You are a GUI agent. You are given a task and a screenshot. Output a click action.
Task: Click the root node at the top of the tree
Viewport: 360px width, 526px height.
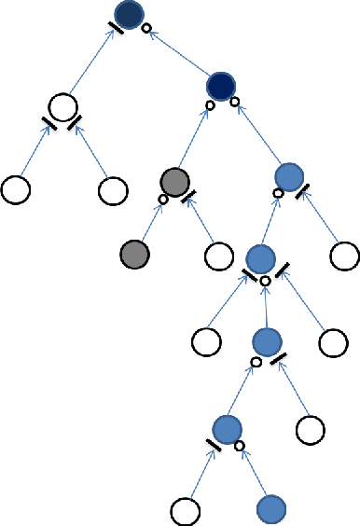coord(128,14)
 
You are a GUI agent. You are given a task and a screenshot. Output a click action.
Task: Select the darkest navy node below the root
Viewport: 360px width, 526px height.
coord(222,86)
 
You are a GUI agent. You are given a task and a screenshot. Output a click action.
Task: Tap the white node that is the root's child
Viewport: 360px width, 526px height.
coord(63,107)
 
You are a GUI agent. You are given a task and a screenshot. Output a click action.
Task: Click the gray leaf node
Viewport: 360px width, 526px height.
coord(135,252)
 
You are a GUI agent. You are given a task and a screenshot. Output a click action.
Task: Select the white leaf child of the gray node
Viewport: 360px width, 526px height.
coord(218,254)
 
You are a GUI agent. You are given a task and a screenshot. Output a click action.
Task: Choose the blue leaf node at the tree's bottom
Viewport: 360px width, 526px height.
coord(270,509)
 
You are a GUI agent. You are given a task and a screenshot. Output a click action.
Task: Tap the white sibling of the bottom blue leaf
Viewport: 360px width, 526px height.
coord(186,510)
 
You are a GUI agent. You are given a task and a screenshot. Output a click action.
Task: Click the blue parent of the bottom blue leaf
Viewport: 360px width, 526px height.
coord(227,429)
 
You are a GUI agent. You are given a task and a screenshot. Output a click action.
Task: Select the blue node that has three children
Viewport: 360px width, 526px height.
coord(260,258)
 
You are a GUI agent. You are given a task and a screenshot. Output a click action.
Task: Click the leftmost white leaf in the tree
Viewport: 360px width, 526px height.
coord(15,189)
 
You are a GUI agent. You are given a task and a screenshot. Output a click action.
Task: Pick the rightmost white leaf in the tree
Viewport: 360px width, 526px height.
coord(345,254)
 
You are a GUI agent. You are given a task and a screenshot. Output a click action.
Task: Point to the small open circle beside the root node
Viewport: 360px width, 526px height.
coord(145,30)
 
